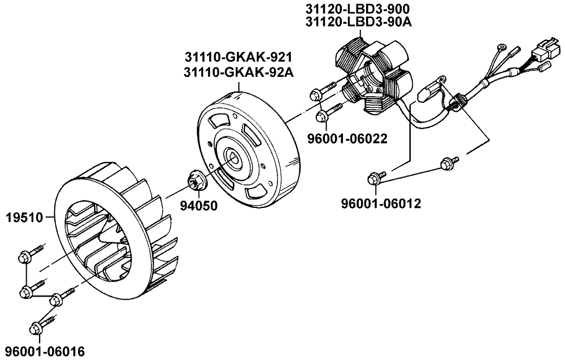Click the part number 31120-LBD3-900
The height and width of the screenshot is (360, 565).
click(357, 10)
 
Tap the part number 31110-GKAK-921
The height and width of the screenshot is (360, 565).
click(241, 58)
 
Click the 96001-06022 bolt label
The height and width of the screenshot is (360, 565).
click(347, 138)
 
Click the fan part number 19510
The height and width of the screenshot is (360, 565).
click(25, 216)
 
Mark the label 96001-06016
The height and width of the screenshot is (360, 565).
click(42, 352)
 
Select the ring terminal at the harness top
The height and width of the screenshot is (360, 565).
click(501, 48)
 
